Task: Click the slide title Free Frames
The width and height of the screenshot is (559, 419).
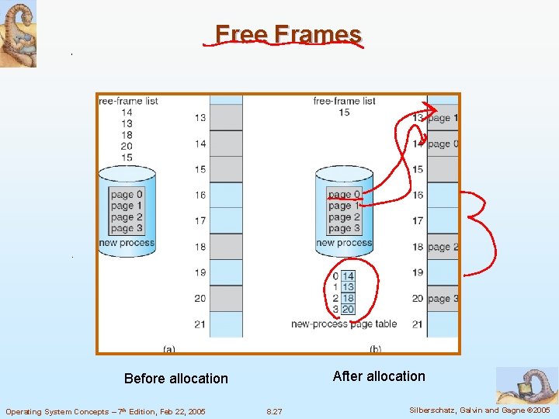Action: (288, 34)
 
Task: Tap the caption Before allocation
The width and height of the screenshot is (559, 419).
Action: (176, 379)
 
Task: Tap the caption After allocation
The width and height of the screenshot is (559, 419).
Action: (379, 376)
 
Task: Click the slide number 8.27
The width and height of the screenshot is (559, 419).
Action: (274, 411)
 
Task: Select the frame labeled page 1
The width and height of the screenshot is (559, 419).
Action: (443, 118)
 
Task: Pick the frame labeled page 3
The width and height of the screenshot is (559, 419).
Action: (443, 299)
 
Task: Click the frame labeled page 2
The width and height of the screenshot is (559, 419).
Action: (443, 247)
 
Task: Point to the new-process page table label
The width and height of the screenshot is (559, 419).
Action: (344, 324)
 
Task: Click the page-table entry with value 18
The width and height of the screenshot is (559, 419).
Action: (348, 298)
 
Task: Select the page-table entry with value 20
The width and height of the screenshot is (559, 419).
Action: (348, 309)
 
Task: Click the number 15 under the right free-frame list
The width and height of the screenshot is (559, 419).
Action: (344, 113)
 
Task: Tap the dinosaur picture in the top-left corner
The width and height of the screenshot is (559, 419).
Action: (18, 34)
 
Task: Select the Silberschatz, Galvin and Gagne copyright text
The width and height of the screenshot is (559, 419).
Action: (478, 410)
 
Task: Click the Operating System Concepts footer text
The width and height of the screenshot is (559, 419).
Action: (106, 411)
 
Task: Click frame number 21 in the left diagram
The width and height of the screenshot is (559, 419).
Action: (200, 324)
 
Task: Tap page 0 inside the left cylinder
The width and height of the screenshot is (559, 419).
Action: (127, 194)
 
